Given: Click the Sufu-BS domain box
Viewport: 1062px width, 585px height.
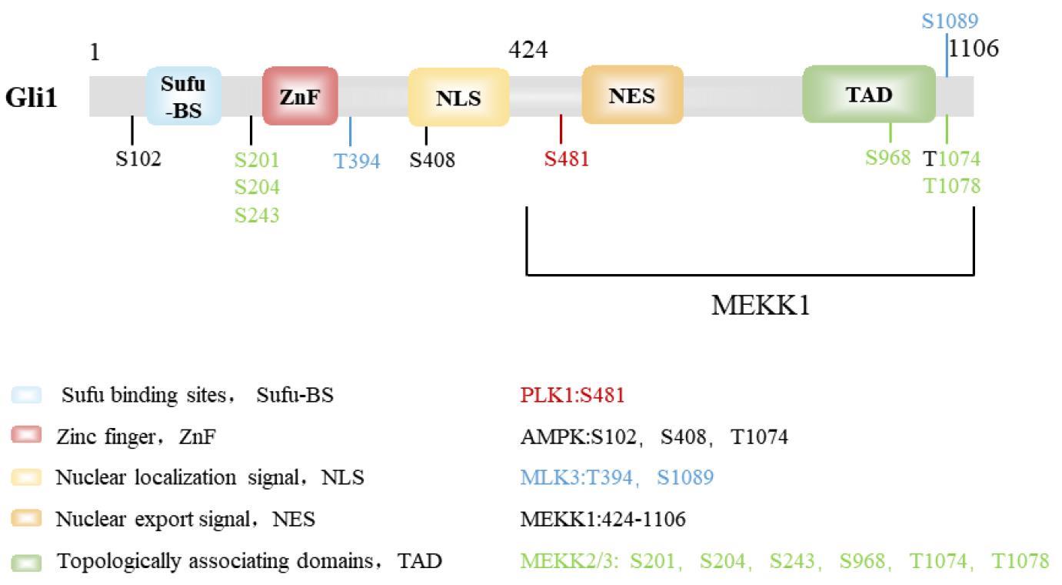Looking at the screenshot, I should (x=184, y=97).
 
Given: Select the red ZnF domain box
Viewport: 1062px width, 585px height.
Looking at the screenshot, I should (x=300, y=96).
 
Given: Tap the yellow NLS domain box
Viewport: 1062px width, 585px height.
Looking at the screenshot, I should (x=458, y=98).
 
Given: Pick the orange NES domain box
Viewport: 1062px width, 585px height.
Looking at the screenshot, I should (x=632, y=95).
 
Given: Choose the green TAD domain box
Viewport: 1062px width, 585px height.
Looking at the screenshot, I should (x=869, y=95).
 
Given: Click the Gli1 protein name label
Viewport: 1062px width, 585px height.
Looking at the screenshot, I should (x=32, y=99).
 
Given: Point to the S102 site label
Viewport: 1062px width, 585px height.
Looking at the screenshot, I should (x=138, y=160).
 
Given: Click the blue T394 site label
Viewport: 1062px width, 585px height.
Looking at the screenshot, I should (x=357, y=162).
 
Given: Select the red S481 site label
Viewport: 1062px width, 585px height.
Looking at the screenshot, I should (x=567, y=159).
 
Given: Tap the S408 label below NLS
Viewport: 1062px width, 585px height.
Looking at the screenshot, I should (x=431, y=160).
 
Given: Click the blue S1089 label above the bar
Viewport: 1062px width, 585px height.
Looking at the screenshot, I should (x=950, y=22).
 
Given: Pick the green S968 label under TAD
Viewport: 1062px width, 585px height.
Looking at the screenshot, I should (x=887, y=158).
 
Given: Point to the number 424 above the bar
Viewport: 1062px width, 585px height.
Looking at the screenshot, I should (x=528, y=50).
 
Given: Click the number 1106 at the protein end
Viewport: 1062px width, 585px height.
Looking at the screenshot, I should (x=974, y=48).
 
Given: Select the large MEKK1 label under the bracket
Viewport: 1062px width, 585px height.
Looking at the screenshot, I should (x=761, y=306).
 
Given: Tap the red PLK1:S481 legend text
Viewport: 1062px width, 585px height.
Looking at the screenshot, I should (x=572, y=396).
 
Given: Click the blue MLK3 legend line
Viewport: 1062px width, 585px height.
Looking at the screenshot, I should (x=617, y=477).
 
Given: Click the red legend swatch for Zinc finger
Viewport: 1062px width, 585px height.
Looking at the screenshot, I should (x=27, y=436).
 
